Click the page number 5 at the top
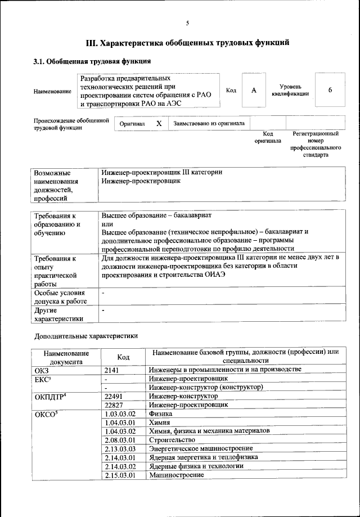point(187,23)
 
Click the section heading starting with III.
point(187,42)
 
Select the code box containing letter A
point(254,91)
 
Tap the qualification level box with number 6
point(330,91)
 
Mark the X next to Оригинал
point(159,123)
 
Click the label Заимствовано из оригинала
point(209,123)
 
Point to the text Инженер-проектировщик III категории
point(162,172)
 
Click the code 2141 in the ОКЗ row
point(113,369)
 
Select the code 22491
point(115,396)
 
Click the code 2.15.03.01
point(121,475)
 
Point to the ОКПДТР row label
point(50,397)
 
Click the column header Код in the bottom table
point(123,357)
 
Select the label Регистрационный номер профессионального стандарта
point(316,144)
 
